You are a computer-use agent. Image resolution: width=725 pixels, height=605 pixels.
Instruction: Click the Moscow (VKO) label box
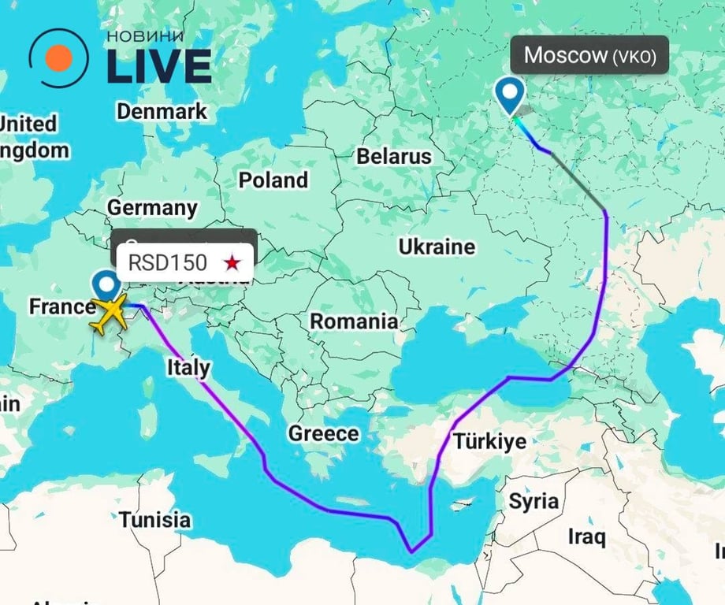click(x=590, y=55)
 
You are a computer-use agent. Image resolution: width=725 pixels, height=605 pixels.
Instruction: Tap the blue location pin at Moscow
click(x=511, y=95)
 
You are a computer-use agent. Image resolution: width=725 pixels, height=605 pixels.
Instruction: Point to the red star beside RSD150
click(x=232, y=262)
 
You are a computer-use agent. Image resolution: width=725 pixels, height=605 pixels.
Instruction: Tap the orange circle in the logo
click(x=59, y=58)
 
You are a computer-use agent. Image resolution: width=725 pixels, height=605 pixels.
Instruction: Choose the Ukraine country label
click(x=437, y=247)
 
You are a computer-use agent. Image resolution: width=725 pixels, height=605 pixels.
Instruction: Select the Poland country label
click(x=273, y=180)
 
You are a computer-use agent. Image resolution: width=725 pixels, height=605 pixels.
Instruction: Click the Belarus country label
click(x=394, y=156)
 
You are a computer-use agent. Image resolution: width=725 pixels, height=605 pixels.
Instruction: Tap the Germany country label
click(x=152, y=208)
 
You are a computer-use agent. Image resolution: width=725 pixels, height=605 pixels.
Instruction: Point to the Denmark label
click(x=162, y=111)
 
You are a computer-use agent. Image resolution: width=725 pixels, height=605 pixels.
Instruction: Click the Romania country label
click(x=353, y=321)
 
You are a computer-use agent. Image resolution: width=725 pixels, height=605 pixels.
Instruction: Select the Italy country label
click(x=188, y=367)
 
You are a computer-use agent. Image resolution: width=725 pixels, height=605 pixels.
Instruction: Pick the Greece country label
click(x=323, y=433)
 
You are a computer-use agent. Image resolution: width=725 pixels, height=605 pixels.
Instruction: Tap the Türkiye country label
click(x=489, y=440)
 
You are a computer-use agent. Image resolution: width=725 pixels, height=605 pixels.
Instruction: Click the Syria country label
click(x=534, y=501)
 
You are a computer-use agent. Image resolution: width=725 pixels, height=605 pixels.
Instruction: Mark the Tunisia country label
click(x=155, y=520)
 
